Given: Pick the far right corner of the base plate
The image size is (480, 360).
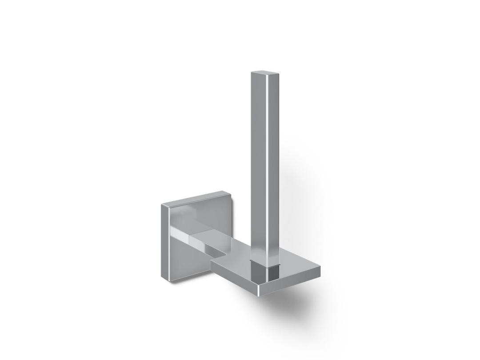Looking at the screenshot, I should tap(320, 268).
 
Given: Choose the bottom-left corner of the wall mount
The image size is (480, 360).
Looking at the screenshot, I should tap(168, 281).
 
